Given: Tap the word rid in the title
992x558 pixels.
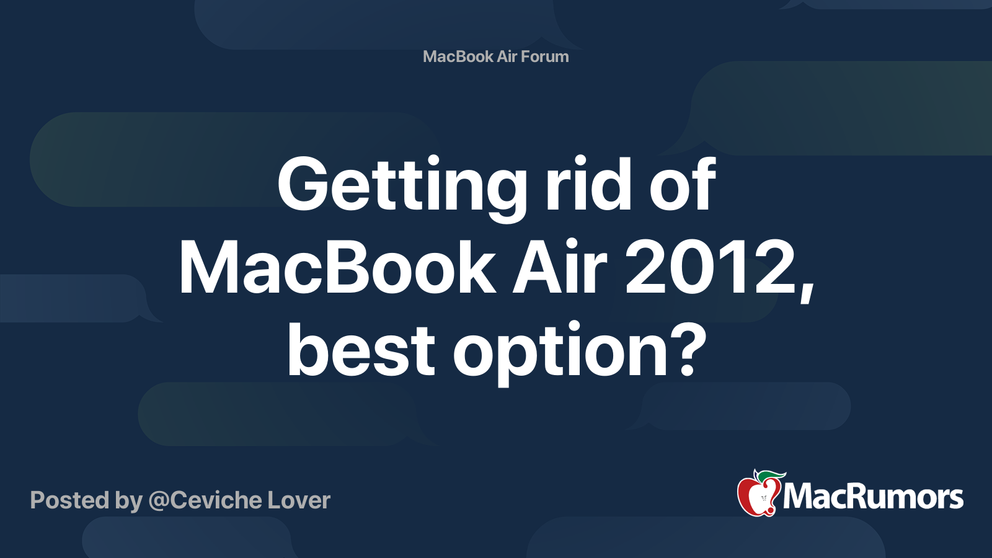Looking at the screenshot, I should pos(587,184).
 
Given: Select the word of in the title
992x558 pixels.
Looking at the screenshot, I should pos(682,184).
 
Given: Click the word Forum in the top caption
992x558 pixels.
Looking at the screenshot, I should pos(544,56).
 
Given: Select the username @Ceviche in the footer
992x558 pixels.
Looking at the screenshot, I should pos(205,500).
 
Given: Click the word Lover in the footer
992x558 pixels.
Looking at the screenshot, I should pos(299,500).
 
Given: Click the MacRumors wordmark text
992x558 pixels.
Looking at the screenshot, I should pos(873,497).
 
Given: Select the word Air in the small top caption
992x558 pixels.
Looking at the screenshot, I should pos(507,56).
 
